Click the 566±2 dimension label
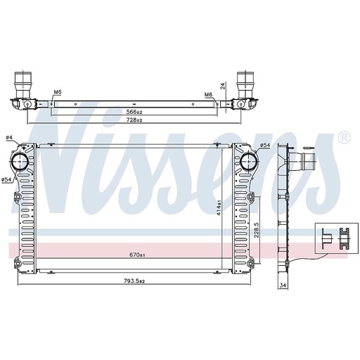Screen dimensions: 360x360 [134, 112]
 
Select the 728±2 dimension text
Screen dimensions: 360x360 [134, 121]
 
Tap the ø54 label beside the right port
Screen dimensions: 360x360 [264, 146]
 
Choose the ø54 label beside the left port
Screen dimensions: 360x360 [7, 181]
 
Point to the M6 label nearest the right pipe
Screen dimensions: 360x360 [209, 94]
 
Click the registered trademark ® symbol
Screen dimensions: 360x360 [344, 137]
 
